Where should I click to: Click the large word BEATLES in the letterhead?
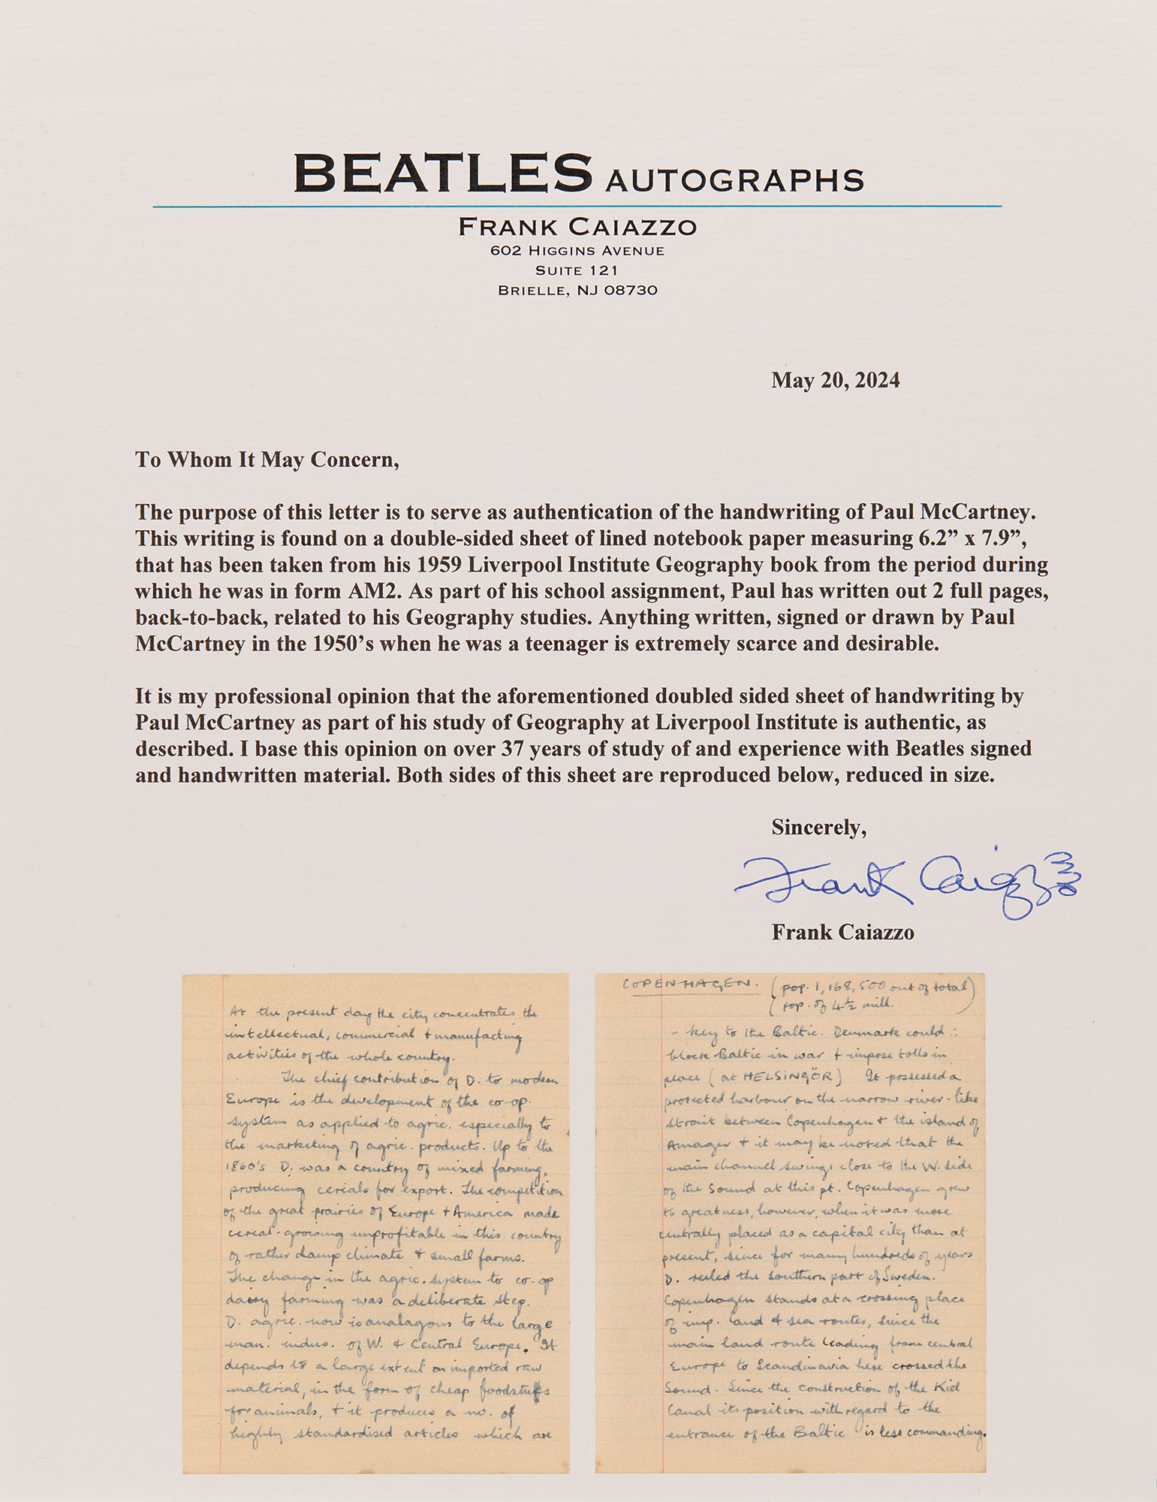tap(443, 172)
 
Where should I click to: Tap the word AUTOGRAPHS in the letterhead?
tap(734, 180)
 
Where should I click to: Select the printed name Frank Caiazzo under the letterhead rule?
tap(577, 226)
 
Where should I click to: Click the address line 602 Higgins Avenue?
tap(577, 251)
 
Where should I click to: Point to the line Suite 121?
tap(577, 270)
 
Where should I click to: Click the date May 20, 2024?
tap(835, 381)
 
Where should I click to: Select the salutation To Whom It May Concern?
tap(267, 460)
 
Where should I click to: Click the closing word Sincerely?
tap(818, 828)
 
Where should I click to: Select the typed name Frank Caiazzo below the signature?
tap(842, 933)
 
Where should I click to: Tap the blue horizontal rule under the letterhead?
tap(577, 206)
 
